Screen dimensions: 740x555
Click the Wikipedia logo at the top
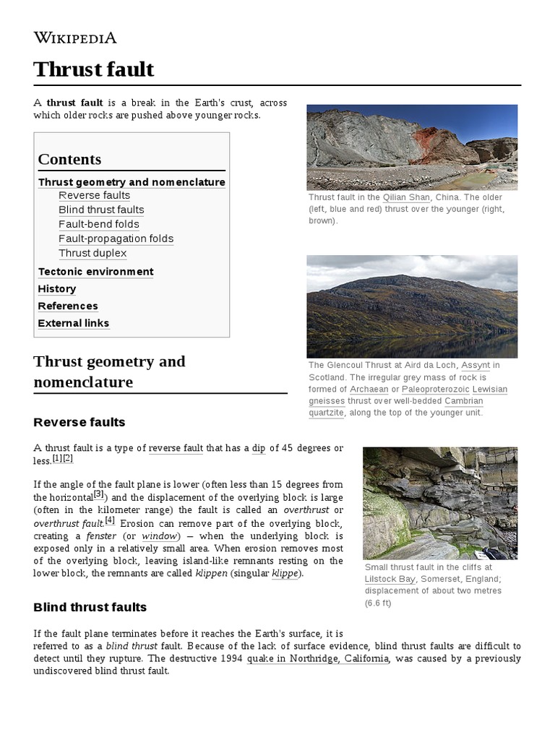click(75, 38)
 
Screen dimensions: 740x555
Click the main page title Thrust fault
click(93, 69)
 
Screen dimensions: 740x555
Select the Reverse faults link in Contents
click(94, 195)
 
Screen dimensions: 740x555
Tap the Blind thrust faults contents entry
click(101, 210)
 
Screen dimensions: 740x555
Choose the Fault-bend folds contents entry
click(99, 224)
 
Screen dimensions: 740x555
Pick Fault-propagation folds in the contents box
click(116, 238)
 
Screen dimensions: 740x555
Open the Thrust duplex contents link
click(92, 253)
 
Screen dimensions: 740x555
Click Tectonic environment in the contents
click(95, 272)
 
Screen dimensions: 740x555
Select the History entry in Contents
click(57, 289)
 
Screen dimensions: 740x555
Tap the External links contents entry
click(74, 323)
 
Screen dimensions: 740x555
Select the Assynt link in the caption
click(475, 365)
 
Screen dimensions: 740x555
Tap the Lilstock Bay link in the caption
click(390, 579)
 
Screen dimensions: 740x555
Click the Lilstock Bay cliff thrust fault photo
click(439, 503)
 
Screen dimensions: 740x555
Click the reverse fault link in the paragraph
click(176, 448)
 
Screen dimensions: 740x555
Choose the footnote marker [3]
click(99, 495)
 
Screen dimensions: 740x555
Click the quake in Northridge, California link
click(318, 658)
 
